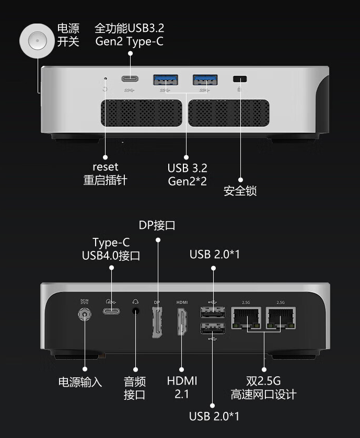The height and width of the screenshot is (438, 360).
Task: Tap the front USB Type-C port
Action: tap(131, 79)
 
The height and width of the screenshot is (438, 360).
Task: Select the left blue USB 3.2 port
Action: tap(165, 79)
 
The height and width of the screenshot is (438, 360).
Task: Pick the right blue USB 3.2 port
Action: tap(205, 79)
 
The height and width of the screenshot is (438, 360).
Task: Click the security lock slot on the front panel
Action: tap(240, 79)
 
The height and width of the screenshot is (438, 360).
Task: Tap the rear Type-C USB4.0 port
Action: tap(111, 310)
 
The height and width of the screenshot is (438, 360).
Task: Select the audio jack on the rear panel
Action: tap(135, 310)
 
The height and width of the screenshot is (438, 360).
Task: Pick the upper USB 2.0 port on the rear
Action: tap(212, 313)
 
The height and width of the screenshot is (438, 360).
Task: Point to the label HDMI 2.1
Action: tap(182, 387)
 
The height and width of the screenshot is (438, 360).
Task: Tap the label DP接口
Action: tap(157, 225)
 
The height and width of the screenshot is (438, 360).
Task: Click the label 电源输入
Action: tap(80, 382)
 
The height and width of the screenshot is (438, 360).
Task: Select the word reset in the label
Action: tap(105, 167)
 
